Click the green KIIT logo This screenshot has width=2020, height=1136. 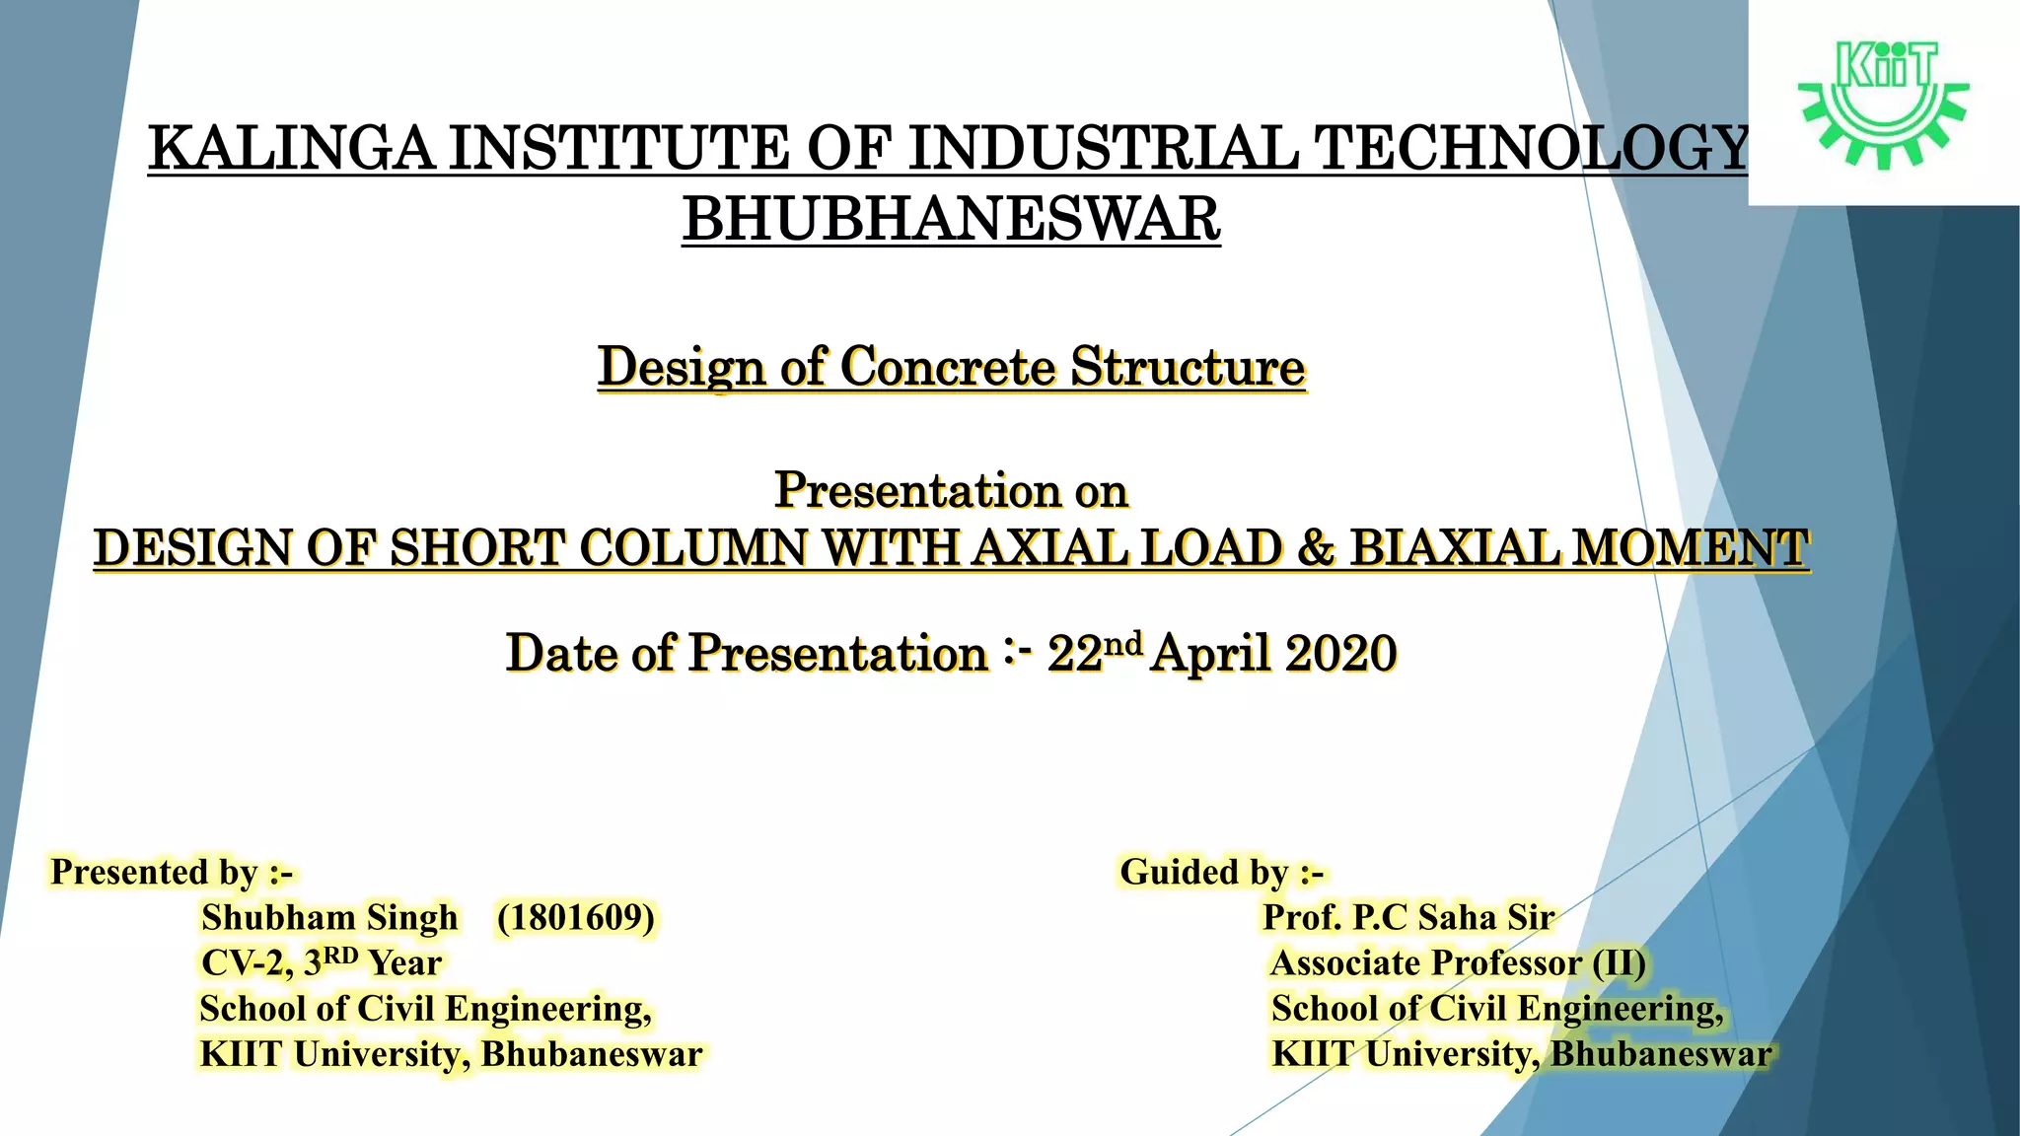pos(1883,103)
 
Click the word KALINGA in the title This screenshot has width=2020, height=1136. pos(292,149)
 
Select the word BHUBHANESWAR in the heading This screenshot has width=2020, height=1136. pos(951,219)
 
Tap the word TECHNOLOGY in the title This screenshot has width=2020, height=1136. pos(1533,149)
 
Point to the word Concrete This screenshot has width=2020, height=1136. pos(948,368)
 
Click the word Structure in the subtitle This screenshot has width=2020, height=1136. pos(1189,368)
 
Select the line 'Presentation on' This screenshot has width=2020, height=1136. pos(951,490)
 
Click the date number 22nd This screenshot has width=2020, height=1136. pos(1094,652)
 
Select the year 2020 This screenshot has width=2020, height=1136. pos(1341,654)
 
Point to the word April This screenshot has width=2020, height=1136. pos(1212,654)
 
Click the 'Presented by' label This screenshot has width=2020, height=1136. pos(172,873)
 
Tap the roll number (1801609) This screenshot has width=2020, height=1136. pos(576,918)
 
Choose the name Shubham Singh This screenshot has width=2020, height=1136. pos(329,918)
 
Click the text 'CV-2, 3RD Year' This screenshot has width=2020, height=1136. pos(322,962)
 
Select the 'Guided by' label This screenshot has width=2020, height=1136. pos(1221,873)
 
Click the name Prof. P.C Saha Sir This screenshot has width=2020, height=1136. pos(1408,918)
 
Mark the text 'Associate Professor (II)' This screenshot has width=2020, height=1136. pos(1458,962)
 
